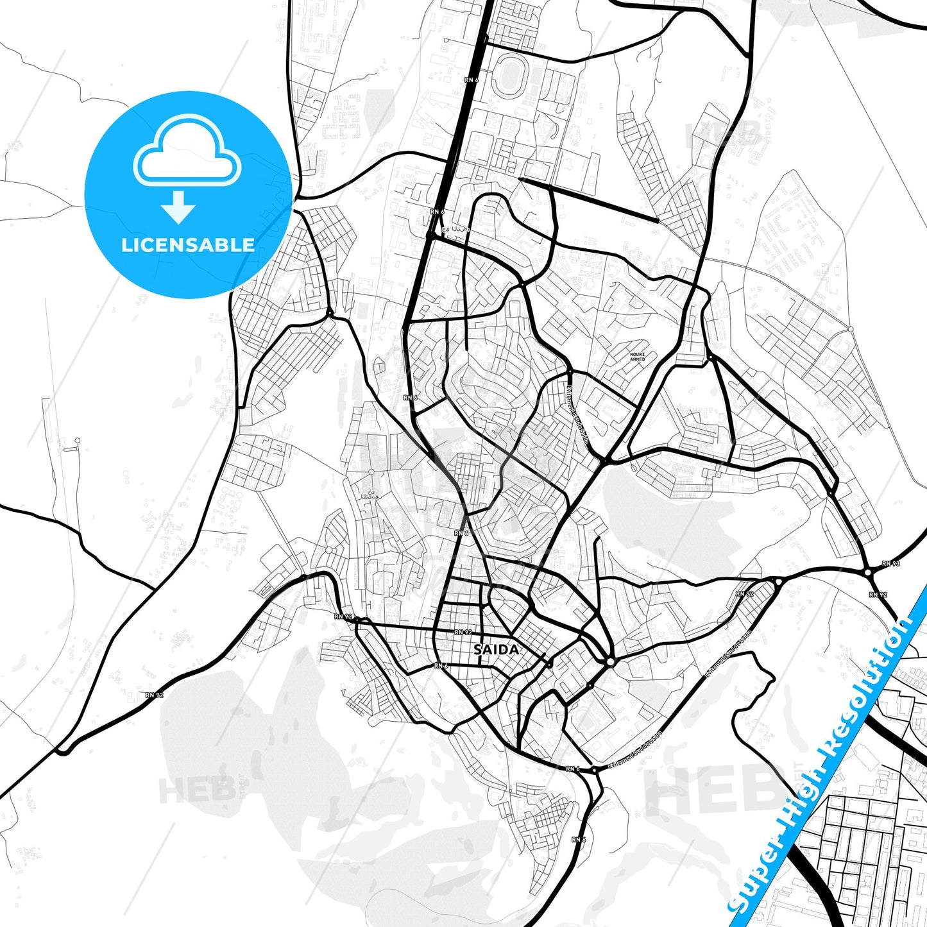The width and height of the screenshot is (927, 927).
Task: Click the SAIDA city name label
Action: point(497,650)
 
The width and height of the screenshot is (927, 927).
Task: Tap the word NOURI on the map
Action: point(637,354)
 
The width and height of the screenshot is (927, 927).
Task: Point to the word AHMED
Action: point(637,359)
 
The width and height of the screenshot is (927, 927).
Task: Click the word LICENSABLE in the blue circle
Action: point(188,244)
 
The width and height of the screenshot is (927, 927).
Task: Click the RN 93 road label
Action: point(890,564)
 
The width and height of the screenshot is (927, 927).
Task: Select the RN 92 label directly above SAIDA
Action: point(463,632)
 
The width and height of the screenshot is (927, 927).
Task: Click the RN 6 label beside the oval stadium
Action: point(472,80)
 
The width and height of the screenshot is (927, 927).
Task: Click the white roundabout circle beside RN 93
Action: point(867,572)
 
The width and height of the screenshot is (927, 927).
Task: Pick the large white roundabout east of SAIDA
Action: point(610,661)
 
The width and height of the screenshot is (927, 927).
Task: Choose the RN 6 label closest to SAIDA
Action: point(441,666)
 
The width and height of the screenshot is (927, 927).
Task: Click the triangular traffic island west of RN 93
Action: point(778,581)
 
